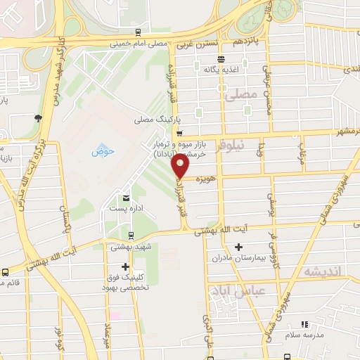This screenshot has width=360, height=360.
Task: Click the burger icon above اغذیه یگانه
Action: [221, 59]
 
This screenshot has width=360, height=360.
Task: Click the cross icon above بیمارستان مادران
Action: [239, 247]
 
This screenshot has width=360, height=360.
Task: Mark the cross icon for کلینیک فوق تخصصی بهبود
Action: [126, 266]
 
